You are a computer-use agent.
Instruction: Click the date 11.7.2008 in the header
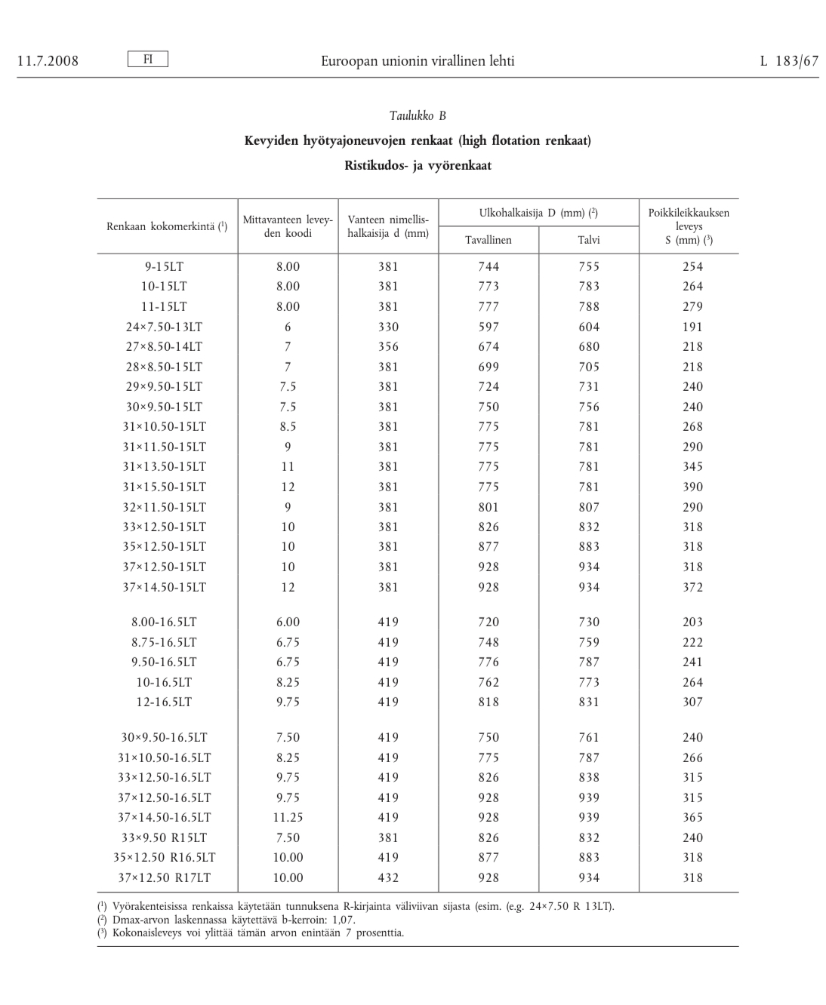(x=48, y=61)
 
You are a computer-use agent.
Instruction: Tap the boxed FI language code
(x=148, y=59)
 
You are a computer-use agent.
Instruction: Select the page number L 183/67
(x=789, y=61)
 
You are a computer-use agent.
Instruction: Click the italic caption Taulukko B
(x=418, y=115)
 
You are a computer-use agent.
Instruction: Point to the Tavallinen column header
(x=489, y=240)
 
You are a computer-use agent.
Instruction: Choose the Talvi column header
(x=589, y=240)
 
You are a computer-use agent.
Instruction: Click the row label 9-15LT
(x=165, y=266)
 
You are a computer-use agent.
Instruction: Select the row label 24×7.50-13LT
(x=165, y=327)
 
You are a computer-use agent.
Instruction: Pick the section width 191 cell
(x=692, y=327)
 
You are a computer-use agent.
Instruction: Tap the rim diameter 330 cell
(x=388, y=327)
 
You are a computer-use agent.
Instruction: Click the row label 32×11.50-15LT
(x=165, y=507)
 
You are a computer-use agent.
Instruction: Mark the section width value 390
(x=692, y=487)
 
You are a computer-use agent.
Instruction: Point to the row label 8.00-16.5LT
(x=165, y=622)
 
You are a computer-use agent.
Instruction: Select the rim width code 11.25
(x=288, y=817)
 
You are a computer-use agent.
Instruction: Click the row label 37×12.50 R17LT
(x=165, y=877)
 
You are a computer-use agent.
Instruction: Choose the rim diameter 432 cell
(x=388, y=877)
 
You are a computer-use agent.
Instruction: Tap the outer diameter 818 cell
(x=489, y=702)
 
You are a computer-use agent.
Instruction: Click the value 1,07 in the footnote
(x=343, y=920)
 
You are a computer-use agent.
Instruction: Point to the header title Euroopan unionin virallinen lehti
(x=418, y=61)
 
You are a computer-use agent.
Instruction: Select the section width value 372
(x=692, y=587)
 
